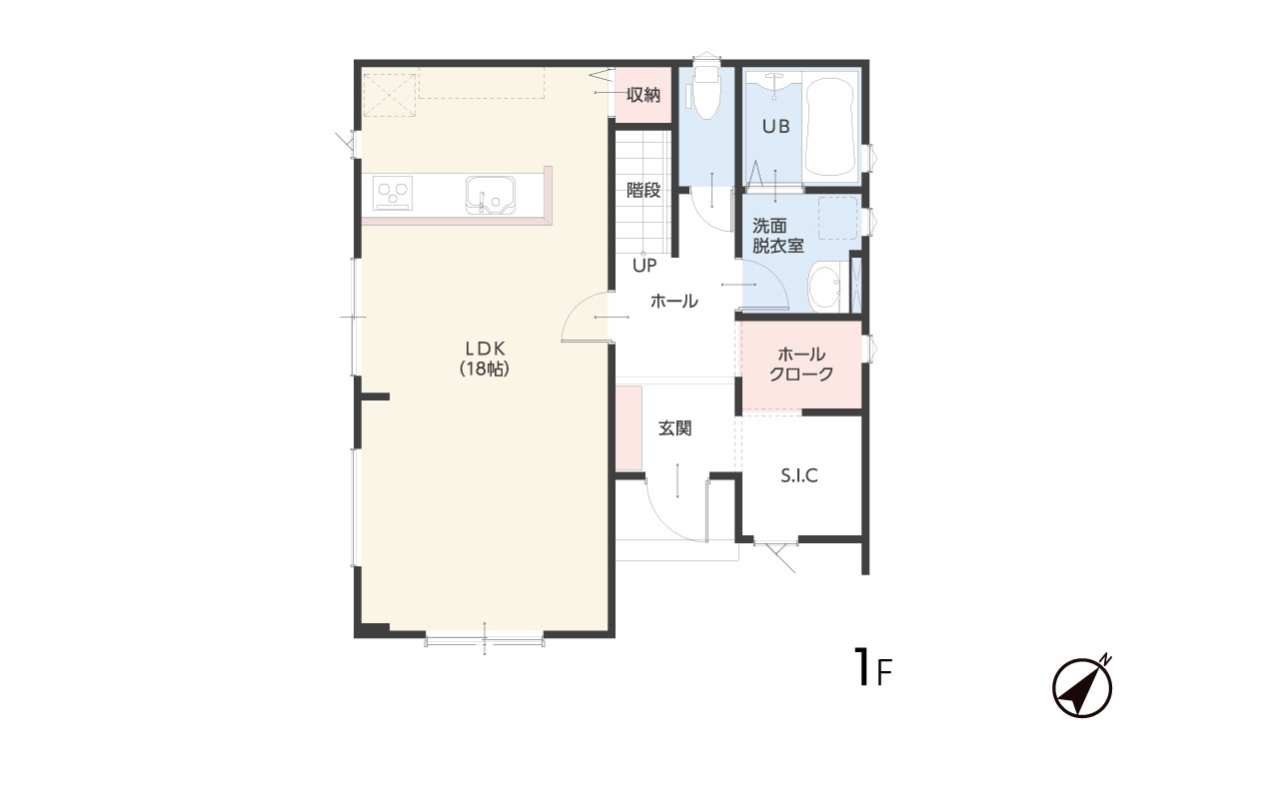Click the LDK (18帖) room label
(x=485, y=359)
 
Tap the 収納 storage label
(x=643, y=95)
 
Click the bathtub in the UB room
(x=829, y=127)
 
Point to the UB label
(x=776, y=126)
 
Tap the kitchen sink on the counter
(x=490, y=195)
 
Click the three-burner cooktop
(x=393, y=193)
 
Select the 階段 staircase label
(x=643, y=190)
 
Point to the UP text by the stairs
(x=644, y=266)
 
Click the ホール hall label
(x=674, y=301)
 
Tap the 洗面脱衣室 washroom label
(x=777, y=236)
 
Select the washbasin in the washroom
(x=825, y=287)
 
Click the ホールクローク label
(x=801, y=365)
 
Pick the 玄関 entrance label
(x=674, y=428)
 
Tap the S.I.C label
(x=799, y=475)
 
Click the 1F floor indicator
(x=873, y=666)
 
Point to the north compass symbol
(x=1082, y=686)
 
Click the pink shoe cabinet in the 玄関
(x=629, y=428)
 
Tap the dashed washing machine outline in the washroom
(x=838, y=218)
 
